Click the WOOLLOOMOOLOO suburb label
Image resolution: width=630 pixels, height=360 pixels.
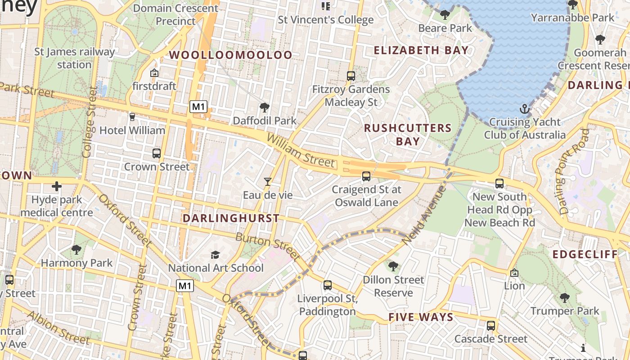click(230, 55)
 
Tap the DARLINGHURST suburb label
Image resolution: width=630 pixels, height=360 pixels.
click(231, 218)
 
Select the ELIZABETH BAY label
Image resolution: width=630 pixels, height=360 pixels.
click(421, 50)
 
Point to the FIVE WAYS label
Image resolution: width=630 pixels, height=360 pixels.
click(421, 317)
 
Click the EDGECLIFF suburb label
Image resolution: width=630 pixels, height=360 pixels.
click(585, 255)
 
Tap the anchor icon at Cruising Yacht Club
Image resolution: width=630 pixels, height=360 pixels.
click(524, 108)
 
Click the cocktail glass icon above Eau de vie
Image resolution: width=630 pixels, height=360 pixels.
click(268, 182)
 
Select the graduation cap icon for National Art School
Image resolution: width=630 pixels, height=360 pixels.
click(215, 255)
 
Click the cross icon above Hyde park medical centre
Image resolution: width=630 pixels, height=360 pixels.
click(57, 186)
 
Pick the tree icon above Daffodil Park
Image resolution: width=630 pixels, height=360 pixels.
click(265, 108)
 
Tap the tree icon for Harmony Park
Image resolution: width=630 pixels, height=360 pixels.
click(76, 249)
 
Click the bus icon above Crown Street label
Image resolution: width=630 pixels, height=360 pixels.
click(157, 153)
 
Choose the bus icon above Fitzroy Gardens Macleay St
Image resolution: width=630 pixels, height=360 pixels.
click(351, 76)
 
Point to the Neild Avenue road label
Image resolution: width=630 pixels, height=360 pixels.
click(423, 216)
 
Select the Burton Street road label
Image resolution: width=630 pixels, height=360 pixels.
click(268, 247)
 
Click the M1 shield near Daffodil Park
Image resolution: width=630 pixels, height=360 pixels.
click(198, 107)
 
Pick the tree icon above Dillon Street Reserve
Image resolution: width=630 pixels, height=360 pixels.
click(393, 266)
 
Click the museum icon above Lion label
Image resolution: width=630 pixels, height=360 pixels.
click(514, 273)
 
